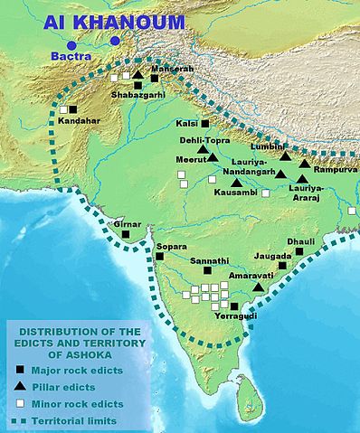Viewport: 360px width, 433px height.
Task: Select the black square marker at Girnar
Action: pyautogui.click(x=127, y=234)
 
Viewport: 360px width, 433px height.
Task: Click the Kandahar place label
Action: pyautogui.click(x=78, y=119)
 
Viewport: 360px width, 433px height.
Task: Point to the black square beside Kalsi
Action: pyautogui.click(x=205, y=123)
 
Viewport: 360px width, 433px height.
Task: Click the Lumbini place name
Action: pyautogui.click(x=272, y=145)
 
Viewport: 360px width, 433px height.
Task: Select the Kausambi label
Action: pyautogui.click(x=237, y=193)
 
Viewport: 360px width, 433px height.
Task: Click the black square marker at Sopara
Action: pyautogui.click(x=159, y=256)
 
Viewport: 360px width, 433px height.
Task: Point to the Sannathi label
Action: pyautogui.click(x=209, y=260)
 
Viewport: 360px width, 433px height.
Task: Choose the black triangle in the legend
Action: pyautogui.click(x=20, y=387)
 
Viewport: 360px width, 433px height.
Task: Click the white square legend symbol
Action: pyautogui.click(x=20, y=404)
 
